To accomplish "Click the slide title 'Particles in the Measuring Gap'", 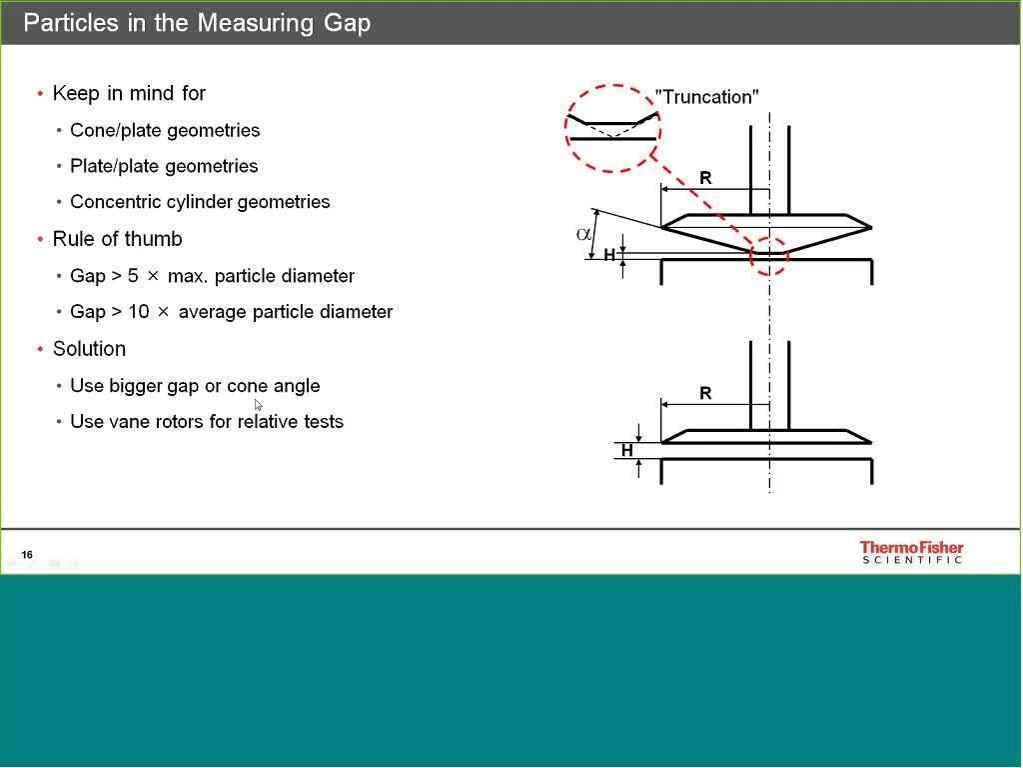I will tap(197, 22).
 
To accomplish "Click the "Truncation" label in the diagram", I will tap(706, 97).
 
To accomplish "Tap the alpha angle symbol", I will tap(583, 234).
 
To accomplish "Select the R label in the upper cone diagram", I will tap(705, 178).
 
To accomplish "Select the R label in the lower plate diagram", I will tap(705, 393).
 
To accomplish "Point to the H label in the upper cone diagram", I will tap(609, 255).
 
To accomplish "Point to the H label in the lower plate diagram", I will tap(627, 450).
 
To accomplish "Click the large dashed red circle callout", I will tap(612, 128).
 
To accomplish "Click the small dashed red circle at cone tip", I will tap(769, 255).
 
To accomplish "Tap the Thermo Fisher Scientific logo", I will tap(911, 552).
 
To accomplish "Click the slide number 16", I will tap(27, 554).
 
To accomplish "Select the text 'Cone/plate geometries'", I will tap(165, 130).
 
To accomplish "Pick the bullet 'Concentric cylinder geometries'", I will tap(200, 202).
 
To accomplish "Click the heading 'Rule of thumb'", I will tap(117, 239).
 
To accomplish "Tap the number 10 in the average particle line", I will tap(139, 312).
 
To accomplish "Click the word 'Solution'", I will tap(89, 349).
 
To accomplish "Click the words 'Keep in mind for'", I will tap(129, 93).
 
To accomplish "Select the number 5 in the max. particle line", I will tap(133, 276).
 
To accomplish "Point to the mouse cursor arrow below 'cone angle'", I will tap(258, 404).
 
